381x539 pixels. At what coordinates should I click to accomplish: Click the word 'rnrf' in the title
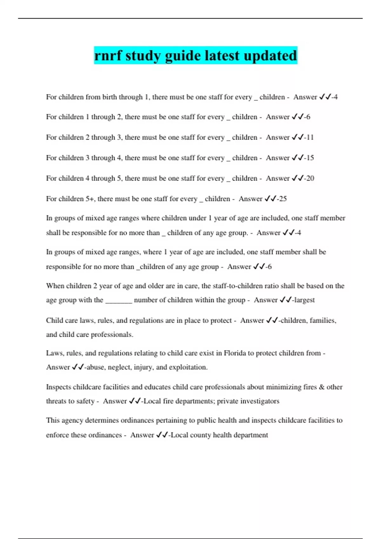click(108, 55)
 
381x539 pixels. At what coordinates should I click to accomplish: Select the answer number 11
click(310, 137)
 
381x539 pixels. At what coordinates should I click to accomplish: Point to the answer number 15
click(310, 158)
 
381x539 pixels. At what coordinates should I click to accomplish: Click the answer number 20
click(310, 178)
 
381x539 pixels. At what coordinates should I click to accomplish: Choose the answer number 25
click(283, 199)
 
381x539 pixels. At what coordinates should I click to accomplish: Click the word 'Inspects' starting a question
click(58, 387)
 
